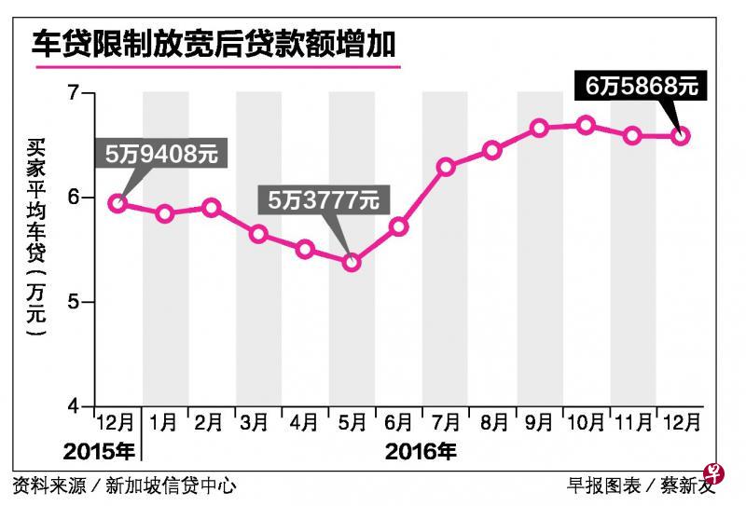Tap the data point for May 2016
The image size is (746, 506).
click(x=352, y=263)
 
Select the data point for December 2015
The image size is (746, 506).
click(x=117, y=202)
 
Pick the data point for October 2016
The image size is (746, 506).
click(x=586, y=125)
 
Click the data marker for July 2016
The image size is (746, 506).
click(x=446, y=168)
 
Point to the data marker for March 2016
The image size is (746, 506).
click(x=258, y=234)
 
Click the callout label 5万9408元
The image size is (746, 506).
click(x=161, y=155)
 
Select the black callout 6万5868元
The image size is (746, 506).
click(x=642, y=88)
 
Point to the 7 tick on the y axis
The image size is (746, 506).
click(x=75, y=93)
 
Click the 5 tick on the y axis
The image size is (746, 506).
click(x=75, y=303)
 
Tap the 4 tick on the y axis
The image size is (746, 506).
click(x=75, y=407)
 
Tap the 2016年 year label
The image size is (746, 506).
click(x=421, y=454)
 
